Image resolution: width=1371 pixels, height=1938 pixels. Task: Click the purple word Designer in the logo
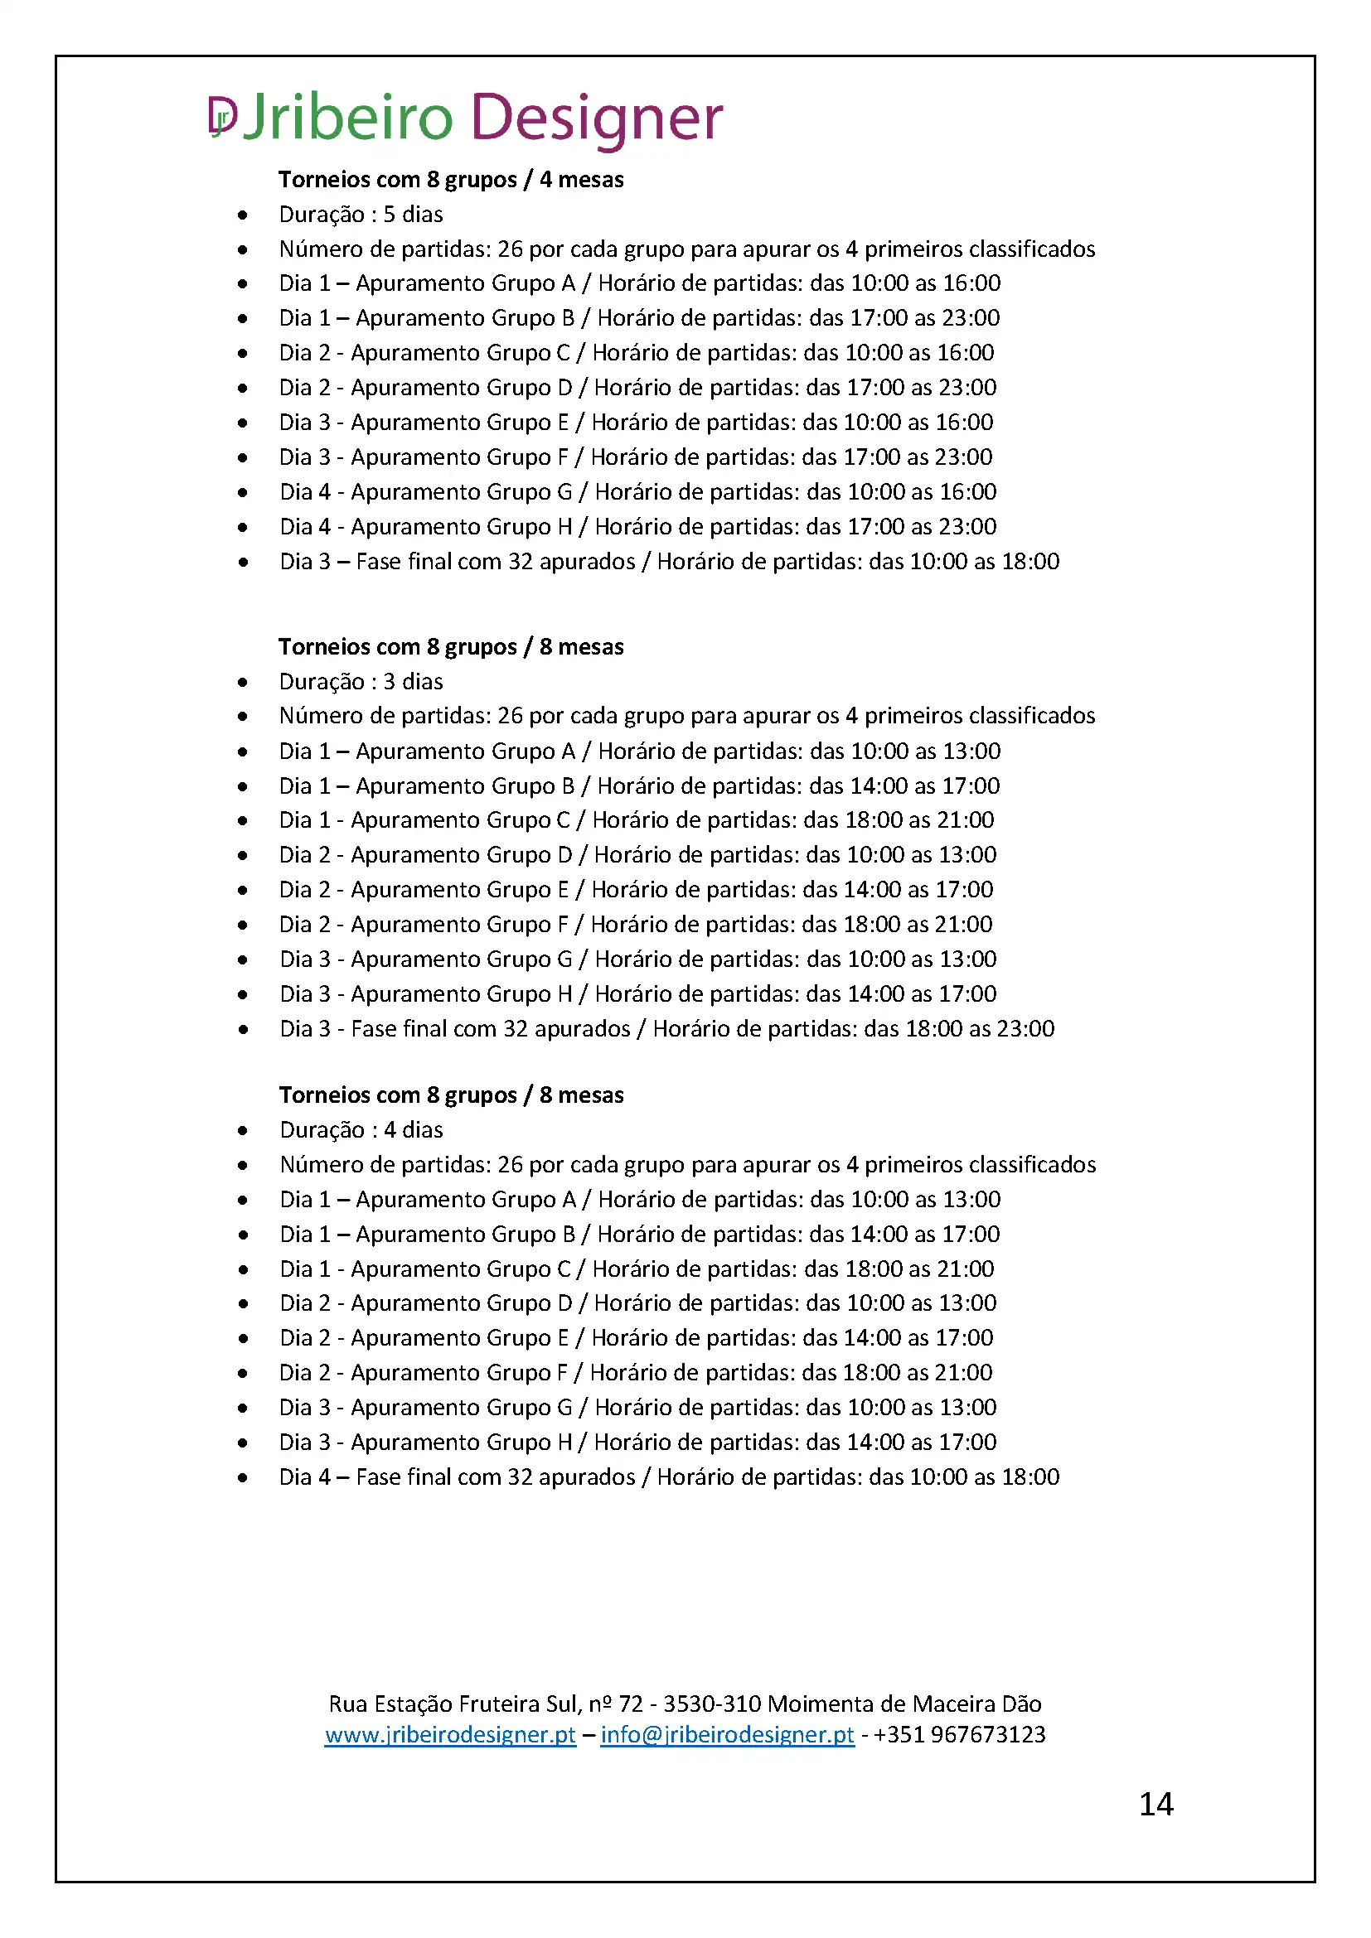coord(596,118)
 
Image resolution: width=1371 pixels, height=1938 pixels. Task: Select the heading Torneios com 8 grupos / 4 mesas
coord(451,179)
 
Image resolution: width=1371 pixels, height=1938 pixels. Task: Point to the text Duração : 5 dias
coord(361,215)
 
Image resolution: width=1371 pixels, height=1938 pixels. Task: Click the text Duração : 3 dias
coord(361,681)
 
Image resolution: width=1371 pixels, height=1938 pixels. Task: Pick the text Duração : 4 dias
coord(361,1129)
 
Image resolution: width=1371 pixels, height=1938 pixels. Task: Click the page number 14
coord(1155,1805)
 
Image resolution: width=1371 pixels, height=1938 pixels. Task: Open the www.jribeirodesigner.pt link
coord(450,1734)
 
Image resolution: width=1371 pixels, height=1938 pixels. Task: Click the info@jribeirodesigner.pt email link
coord(727,1734)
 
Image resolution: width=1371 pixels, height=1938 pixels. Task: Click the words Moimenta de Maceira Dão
coord(904,1704)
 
